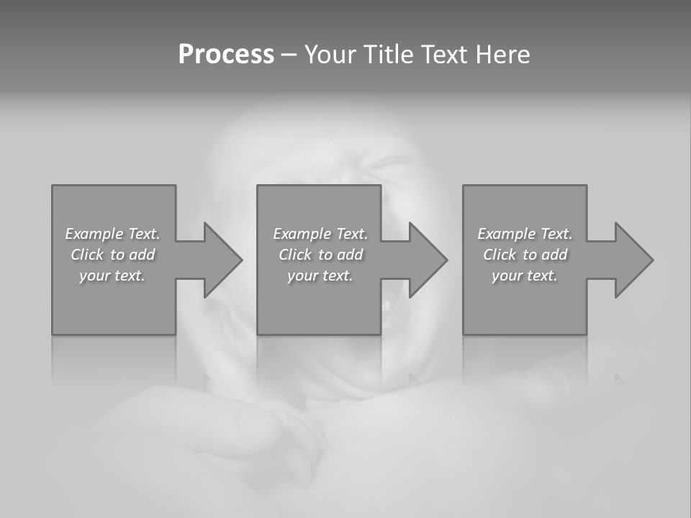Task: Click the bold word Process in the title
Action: pos(226,55)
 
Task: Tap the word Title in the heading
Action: pos(389,55)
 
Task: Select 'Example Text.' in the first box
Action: pos(112,234)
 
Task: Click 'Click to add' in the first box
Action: pos(112,255)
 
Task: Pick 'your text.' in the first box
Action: pos(112,276)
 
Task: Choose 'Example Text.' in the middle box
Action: pos(320,234)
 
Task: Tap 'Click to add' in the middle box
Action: pos(320,255)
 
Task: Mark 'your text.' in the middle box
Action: pos(320,276)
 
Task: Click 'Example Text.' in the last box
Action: pos(524,234)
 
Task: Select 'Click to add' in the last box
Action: pos(524,255)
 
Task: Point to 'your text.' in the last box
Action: pos(524,276)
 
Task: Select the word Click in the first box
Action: pos(86,255)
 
